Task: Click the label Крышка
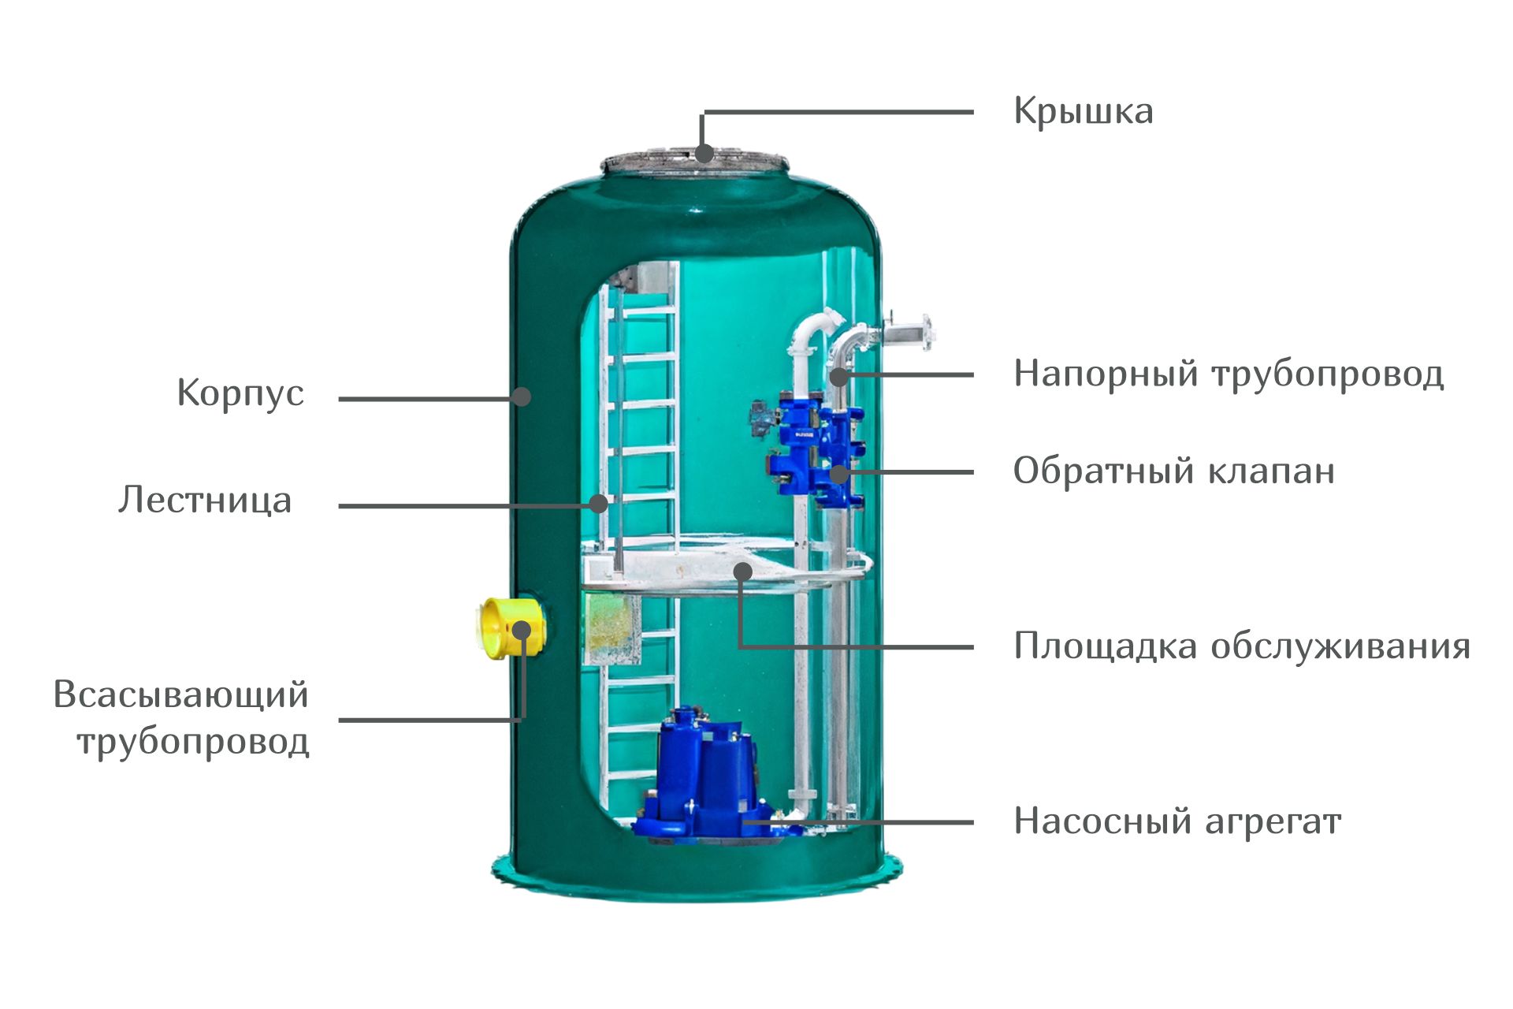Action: click(1084, 112)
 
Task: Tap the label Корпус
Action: click(240, 393)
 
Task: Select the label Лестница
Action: click(205, 500)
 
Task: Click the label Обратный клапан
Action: click(1174, 471)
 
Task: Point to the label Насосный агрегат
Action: click(1177, 821)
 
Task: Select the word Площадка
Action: click(1106, 646)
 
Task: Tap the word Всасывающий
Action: click(181, 695)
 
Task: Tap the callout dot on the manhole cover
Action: click(704, 153)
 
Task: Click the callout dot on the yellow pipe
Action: click(522, 630)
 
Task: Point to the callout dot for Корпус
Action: click(521, 397)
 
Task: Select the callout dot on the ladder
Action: click(599, 504)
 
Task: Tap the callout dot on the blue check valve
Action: click(839, 474)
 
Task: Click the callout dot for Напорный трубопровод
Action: click(839, 376)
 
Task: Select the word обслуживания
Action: click(1340, 646)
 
